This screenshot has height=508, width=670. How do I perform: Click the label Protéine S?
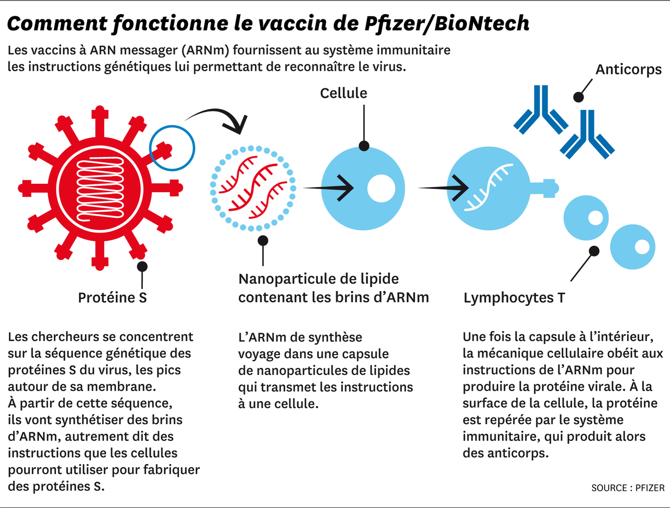tap(112, 297)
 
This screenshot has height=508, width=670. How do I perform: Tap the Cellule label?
tap(343, 93)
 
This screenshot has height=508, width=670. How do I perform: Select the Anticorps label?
tap(628, 70)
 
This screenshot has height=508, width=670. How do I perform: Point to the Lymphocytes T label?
tap(514, 297)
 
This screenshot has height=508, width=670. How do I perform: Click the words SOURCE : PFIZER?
tap(628, 488)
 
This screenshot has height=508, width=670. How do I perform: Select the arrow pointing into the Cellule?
tap(330, 187)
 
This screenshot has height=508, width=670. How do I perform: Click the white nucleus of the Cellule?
tap(381, 188)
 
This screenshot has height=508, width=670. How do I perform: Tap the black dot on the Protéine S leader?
tap(142, 266)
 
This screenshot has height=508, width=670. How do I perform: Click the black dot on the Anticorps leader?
tap(578, 97)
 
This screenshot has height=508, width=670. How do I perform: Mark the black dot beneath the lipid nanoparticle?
tap(263, 240)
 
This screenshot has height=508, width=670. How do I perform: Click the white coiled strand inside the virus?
tap(100, 189)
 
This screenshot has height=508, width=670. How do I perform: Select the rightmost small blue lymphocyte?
tap(632, 247)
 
